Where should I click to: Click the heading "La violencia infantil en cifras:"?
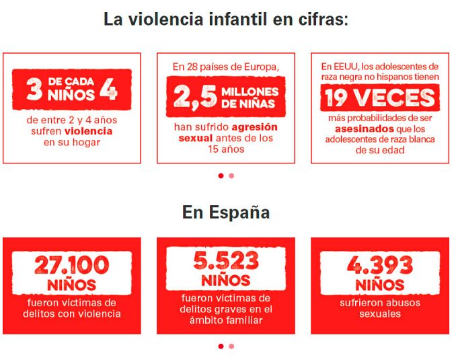pos(226,18)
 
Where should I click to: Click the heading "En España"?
pos(226,213)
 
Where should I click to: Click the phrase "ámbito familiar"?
pos(226,320)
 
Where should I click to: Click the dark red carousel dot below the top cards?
pos(221,176)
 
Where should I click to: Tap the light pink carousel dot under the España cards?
pos(231,347)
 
